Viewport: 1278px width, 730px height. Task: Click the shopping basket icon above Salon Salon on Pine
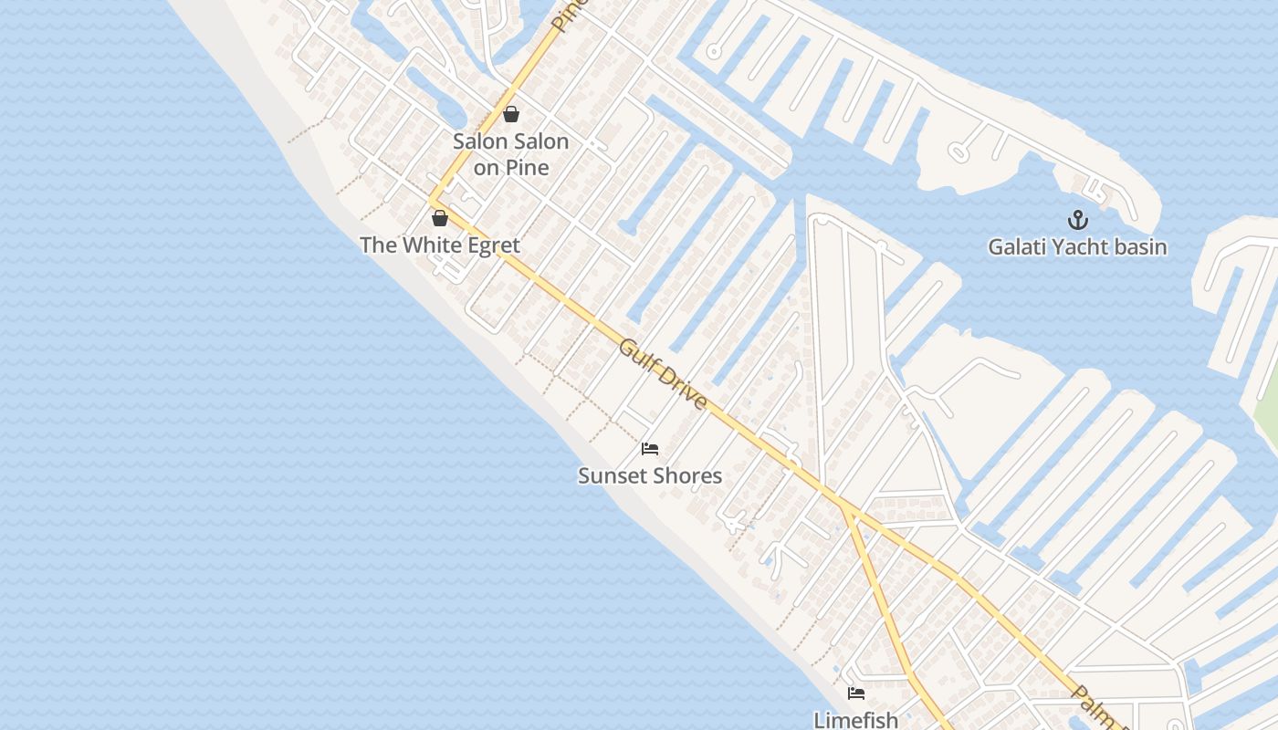coord(511,114)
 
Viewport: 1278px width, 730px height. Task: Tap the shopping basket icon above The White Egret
coord(439,218)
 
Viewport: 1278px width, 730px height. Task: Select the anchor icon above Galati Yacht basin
coord(1078,220)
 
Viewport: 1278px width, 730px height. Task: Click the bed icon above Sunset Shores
coord(650,448)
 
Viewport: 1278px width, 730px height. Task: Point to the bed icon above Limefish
coord(856,693)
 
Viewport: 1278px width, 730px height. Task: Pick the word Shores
coord(686,475)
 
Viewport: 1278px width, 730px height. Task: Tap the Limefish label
coord(856,720)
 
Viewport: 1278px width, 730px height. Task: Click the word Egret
coord(488,245)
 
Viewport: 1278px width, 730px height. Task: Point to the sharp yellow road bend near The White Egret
coord(432,200)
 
